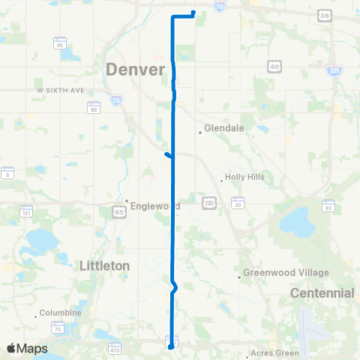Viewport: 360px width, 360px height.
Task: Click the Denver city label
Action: coord(135,69)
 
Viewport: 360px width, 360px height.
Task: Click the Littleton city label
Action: coord(104,265)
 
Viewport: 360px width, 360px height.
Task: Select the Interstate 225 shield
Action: coord(334,70)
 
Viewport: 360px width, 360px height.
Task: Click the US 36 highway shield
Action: coord(324,14)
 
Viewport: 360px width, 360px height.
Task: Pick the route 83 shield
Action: coord(328,205)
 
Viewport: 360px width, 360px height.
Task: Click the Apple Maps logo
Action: coord(27,348)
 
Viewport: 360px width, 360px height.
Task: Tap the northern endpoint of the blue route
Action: coord(193,12)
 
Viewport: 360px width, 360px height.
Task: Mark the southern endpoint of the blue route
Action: coord(170,346)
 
